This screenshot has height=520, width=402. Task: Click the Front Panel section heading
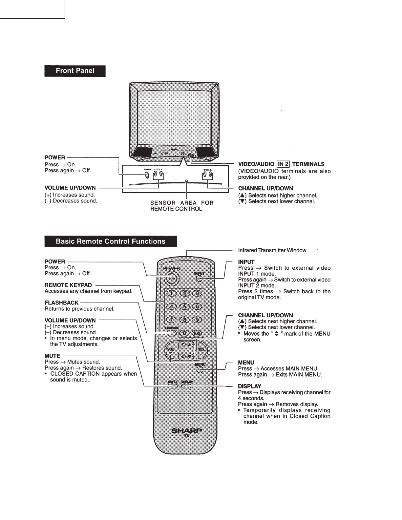75,71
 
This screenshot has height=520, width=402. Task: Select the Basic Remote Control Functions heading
111,241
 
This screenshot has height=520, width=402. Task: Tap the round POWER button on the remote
171,279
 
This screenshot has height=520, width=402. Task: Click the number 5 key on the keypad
184,306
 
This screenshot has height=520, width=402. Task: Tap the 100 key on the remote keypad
197,333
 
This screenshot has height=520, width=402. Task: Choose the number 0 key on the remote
184,333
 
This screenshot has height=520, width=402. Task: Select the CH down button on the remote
186,356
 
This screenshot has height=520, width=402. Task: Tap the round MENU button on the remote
200,370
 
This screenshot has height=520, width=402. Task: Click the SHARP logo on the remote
186,430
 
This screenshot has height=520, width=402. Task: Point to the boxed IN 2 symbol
283,164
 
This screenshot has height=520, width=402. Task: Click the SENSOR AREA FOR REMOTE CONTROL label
182,206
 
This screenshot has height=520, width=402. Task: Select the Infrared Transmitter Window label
272,250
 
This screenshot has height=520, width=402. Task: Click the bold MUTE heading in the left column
53,356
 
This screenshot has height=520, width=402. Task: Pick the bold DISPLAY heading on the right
249,386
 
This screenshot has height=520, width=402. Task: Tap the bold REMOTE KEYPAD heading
68,285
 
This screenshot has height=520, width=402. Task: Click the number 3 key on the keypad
197,293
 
